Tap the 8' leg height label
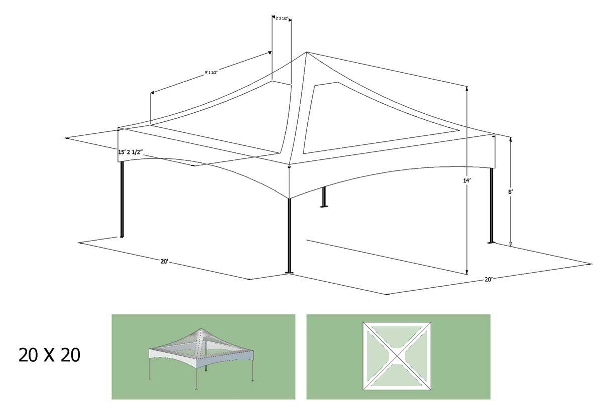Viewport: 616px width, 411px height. (511, 191)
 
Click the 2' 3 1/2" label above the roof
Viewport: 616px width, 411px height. (282, 19)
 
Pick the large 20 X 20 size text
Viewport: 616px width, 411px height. (49, 355)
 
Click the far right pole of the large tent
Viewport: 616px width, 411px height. (491, 205)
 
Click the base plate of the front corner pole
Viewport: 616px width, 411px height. (289, 273)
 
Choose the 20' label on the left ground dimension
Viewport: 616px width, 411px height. (164, 261)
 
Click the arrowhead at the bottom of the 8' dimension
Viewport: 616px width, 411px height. (511, 244)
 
